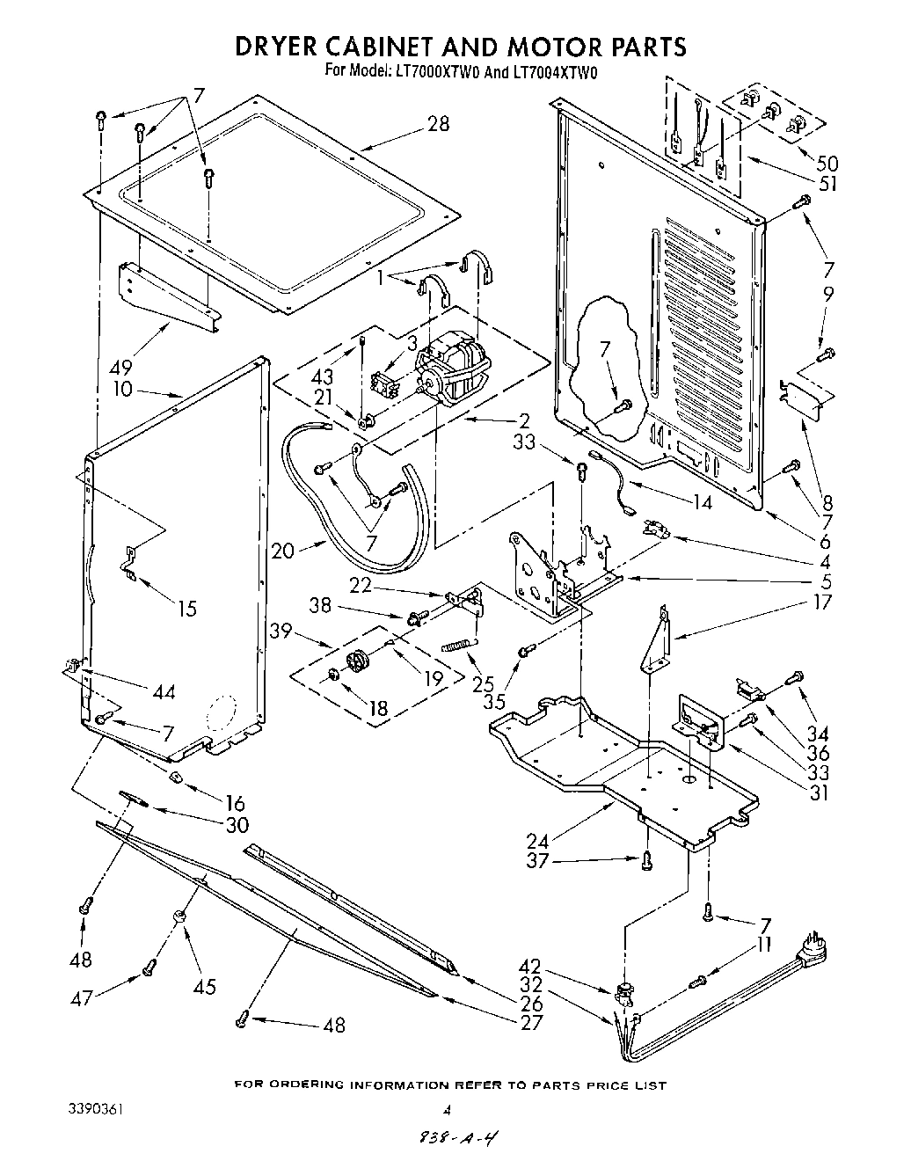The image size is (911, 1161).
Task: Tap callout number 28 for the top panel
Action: click(x=437, y=124)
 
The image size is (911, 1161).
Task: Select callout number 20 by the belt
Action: click(x=283, y=551)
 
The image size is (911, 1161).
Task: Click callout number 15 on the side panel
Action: click(x=186, y=608)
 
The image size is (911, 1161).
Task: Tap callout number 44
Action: click(x=163, y=692)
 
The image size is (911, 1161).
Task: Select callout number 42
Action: click(x=579, y=965)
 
